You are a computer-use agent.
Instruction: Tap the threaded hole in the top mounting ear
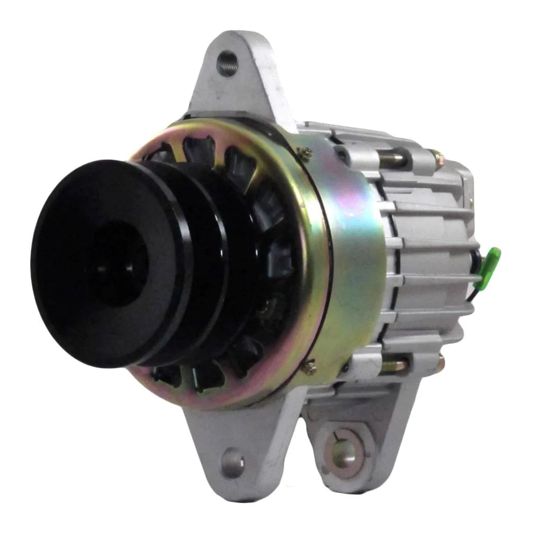[228, 64]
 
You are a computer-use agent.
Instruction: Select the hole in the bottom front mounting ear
[233, 462]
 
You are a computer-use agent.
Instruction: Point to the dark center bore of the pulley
[114, 263]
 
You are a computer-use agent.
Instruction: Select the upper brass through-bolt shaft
[393, 158]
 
